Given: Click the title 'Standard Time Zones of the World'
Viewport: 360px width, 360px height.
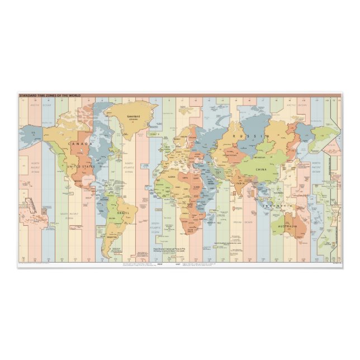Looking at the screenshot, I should tap(50, 96).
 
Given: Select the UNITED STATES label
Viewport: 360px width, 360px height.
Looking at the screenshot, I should tap(81, 166).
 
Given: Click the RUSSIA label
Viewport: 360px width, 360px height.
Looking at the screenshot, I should tap(247, 136).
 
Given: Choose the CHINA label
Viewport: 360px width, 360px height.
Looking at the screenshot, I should tap(261, 169).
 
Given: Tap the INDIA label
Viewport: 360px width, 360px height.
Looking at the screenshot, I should tap(239, 183).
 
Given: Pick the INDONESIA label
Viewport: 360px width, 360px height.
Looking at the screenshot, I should tap(278, 206).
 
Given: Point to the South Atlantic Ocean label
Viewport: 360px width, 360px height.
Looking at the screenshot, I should tap(156, 227).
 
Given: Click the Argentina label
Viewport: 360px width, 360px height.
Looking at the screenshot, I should tap(112, 237).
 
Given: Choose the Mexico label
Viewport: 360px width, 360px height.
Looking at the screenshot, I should tap(78, 181).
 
